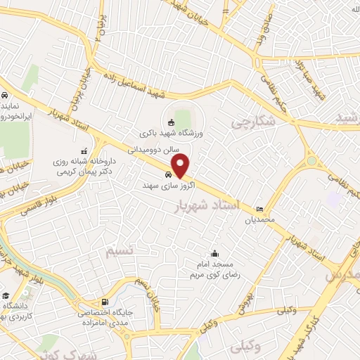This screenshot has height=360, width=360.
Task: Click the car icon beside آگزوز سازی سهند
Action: click(168, 175)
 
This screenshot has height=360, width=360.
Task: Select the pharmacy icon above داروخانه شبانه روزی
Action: click(84, 150)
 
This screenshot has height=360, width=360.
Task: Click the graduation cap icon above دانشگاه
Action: click(6, 295)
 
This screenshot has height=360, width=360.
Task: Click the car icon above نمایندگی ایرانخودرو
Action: click(4, 95)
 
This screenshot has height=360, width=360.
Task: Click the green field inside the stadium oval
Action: click(182, 117)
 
